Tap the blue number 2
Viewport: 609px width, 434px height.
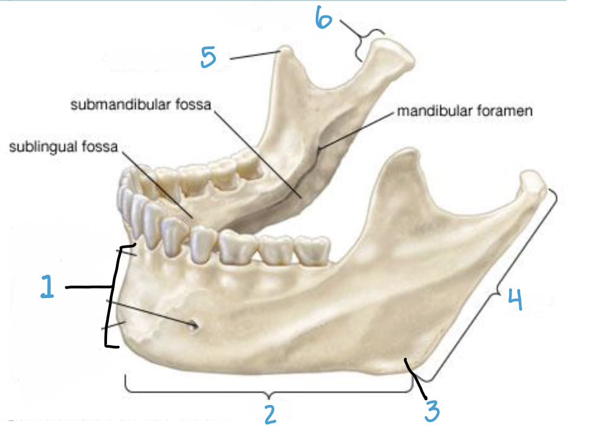(270, 413)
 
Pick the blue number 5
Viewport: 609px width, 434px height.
(208, 58)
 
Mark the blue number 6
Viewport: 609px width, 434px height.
(323, 20)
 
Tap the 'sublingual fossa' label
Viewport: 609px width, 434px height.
(64, 146)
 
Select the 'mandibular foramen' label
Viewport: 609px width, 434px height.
(465, 111)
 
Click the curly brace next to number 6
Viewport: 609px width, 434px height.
(365, 43)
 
